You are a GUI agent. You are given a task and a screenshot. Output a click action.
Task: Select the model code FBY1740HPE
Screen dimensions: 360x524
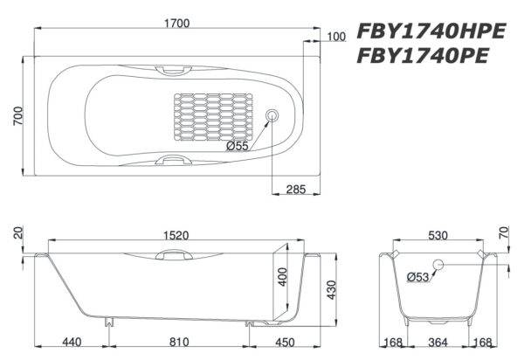(431, 32)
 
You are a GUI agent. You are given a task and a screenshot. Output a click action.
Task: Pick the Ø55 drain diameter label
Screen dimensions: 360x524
(237, 146)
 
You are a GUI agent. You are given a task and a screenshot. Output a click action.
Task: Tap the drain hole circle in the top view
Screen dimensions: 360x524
(272, 115)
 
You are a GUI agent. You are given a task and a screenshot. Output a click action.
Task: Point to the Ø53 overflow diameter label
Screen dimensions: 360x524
(419, 277)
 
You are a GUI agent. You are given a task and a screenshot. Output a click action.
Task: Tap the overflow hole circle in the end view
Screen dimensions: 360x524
(439, 266)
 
